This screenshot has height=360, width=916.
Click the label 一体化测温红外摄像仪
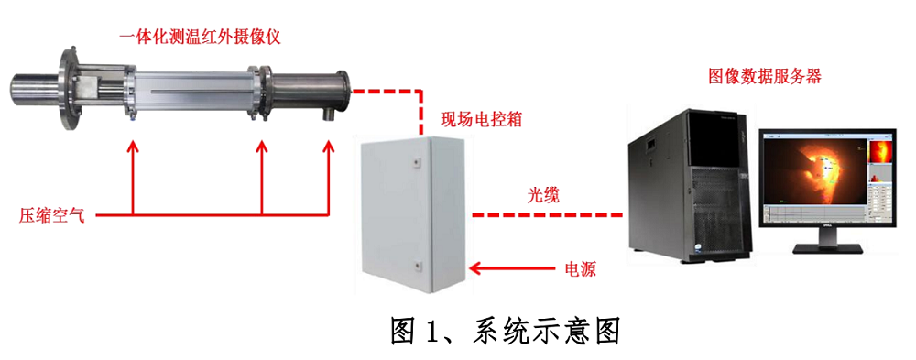coord(202,38)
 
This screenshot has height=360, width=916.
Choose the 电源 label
coord(580,269)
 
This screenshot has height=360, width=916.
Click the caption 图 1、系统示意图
coord(504,331)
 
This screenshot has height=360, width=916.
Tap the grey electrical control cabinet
coord(413,213)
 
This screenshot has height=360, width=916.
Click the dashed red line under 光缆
coord(547,215)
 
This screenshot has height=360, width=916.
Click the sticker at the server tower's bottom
coord(699,247)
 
